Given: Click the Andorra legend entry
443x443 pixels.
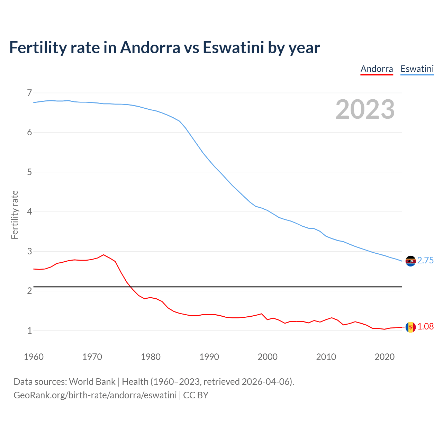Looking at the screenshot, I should point(377,69).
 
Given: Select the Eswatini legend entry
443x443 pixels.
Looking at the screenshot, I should point(417,69).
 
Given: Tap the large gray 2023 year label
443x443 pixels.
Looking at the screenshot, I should point(365,109).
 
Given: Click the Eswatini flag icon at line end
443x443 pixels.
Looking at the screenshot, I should point(410,261).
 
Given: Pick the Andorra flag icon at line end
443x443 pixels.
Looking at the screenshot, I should point(410,327).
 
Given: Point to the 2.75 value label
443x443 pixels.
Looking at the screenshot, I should point(425,261).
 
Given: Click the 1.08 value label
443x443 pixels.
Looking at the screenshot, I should point(425,327).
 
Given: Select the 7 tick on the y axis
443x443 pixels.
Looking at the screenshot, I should point(29,93).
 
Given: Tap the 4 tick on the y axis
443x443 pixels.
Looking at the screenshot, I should point(29,211).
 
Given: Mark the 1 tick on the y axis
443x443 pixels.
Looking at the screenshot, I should point(29,331).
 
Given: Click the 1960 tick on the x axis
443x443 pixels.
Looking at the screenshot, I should point(34,357).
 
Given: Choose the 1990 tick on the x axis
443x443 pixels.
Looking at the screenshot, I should point(209,357).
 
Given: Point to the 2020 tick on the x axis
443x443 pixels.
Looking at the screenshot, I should point(385,357).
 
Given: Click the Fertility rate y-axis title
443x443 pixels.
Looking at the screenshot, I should point(15,215).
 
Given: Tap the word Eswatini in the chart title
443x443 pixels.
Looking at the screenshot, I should point(234,47).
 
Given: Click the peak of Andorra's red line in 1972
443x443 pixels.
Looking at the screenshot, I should point(103,255).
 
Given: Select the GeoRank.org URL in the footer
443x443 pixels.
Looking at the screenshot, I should point(95,395).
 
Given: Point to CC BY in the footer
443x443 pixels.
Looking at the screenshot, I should point(196,395).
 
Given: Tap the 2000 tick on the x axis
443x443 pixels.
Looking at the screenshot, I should point(268,357).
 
